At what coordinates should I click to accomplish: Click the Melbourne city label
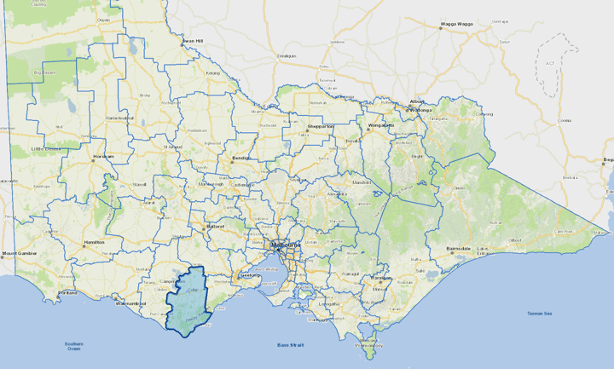(285, 246)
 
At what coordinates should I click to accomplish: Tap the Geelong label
(250, 275)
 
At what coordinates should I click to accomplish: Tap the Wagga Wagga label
(456, 25)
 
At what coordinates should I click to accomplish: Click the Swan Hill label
(193, 40)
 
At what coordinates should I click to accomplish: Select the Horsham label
(103, 157)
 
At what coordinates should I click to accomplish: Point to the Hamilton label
(94, 243)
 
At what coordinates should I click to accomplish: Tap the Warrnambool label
(132, 303)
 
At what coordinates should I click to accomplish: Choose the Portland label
(68, 293)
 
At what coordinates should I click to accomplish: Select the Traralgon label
(380, 278)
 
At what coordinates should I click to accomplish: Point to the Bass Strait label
(290, 345)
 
